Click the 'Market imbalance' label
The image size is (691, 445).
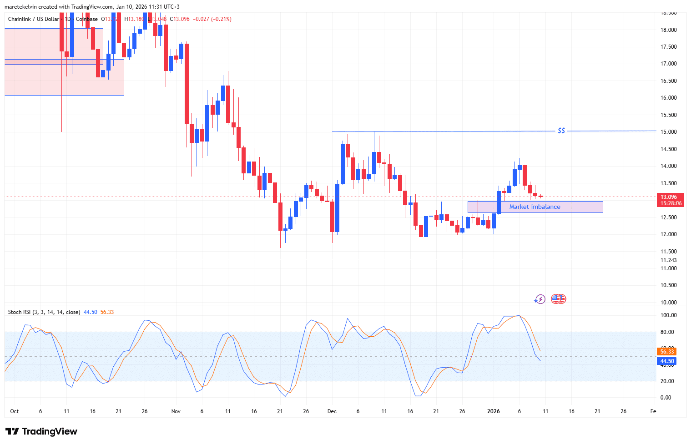point(535,207)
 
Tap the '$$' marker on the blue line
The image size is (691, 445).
point(561,131)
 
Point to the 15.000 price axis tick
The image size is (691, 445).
point(668,132)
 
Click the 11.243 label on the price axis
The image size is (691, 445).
point(668,260)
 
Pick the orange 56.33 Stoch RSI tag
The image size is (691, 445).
point(667,352)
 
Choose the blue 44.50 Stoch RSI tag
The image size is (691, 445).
point(667,361)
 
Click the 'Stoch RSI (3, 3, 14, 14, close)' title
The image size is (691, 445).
point(44,312)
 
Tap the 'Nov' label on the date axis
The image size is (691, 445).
point(176,411)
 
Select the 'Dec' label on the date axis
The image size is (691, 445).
point(332,411)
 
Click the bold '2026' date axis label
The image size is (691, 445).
point(494,411)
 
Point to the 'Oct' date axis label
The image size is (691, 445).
point(15,411)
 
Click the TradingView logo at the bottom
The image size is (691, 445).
point(41,431)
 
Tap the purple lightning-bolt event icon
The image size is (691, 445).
point(540,299)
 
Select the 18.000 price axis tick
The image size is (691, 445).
point(668,30)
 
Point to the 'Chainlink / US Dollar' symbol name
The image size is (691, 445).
point(34,19)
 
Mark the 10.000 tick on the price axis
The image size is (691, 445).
point(668,303)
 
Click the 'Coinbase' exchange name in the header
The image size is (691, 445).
point(86,19)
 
